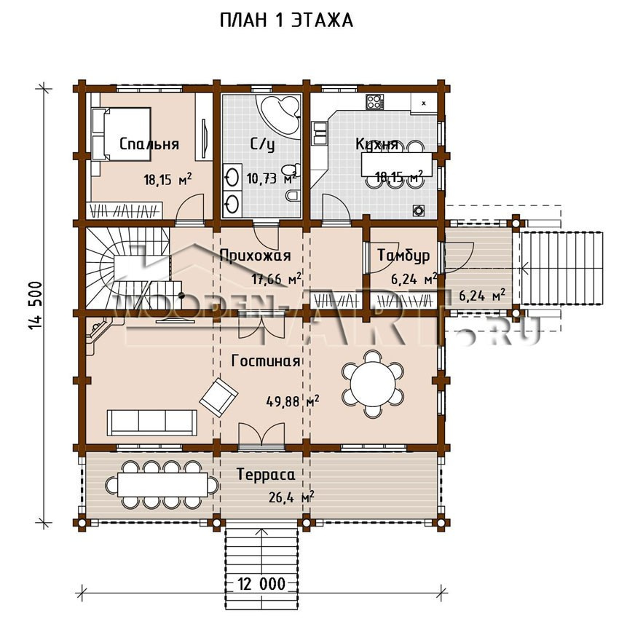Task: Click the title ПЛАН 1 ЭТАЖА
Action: tap(285, 20)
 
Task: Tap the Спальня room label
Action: tap(149, 144)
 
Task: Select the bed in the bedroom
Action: tap(121, 133)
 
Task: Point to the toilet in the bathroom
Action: tap(293, 195)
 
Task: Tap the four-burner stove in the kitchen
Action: tap(374, 102)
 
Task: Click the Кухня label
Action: tap(376, 144)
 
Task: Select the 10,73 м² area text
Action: tap(271, 178)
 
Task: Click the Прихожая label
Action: tap(255, 256)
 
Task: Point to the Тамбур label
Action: tap(403, 256)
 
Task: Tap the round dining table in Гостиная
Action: tap(373, 384)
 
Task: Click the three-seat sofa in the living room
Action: tap(152, 422)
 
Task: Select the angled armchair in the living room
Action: tap(218, 397)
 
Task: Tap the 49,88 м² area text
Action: tap(293, 401)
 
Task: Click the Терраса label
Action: tap(266, 474)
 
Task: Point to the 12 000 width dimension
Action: tap(261, 583)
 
